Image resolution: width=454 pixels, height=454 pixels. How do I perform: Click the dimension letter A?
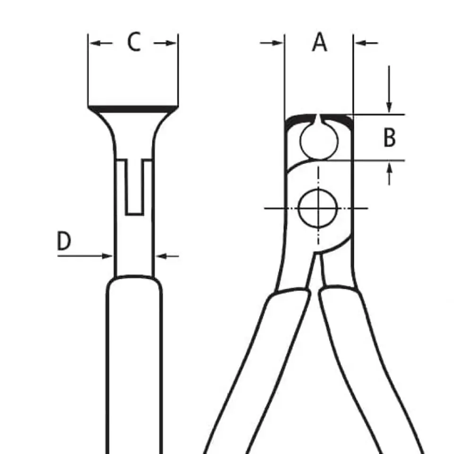[x=319, y=42]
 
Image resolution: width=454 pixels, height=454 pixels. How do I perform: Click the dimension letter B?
[x=389, y=137]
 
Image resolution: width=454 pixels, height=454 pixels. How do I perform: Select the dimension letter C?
[x=134, y=42]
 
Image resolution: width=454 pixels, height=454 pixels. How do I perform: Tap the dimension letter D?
[x=64, y=241]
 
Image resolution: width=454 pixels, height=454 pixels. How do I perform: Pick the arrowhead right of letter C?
[x=171, y=44]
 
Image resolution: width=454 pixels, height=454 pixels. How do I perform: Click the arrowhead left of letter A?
[x=278, y=43]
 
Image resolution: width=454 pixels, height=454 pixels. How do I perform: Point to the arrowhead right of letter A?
[x=360, y=43]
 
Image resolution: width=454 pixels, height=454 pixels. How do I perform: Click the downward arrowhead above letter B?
[x=389, y=108]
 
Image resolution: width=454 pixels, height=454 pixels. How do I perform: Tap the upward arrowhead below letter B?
[x=389, y=167]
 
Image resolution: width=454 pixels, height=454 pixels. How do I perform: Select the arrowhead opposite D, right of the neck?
[x=161, y=256]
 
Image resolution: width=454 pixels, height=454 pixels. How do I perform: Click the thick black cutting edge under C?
[x=133, y=109]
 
